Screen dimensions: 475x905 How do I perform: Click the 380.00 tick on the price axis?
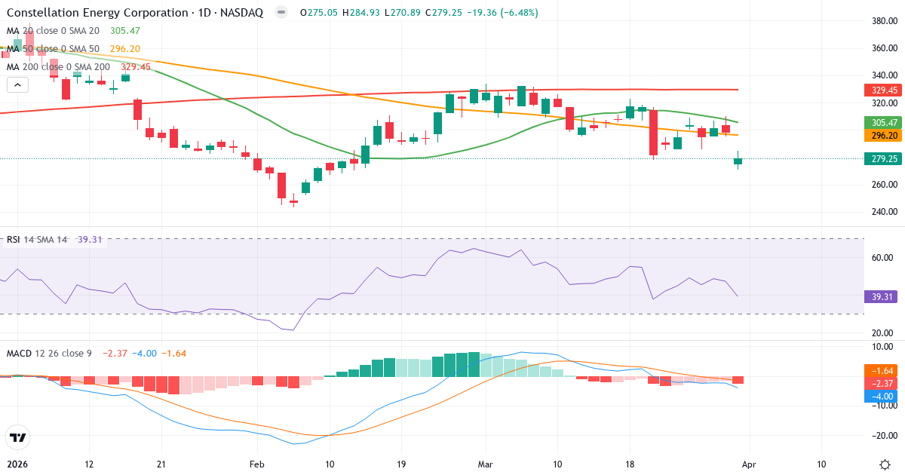[x=882, y=21]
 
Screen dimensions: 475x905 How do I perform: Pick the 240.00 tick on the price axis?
[x=882, y=212]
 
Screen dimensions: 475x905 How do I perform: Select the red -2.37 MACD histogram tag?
[x=881, y=384]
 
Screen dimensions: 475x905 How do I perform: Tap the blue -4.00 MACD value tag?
[x=881, y=397]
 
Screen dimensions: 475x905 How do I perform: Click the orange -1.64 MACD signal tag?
[x=881, y=371]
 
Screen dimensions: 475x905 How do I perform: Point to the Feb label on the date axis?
[x=257, y=464]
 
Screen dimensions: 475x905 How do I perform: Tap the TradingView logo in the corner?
[x=17, y=437]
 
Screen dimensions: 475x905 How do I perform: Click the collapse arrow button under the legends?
[x=17, y=85]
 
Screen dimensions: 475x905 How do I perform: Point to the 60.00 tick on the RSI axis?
[x=882, y=258]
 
